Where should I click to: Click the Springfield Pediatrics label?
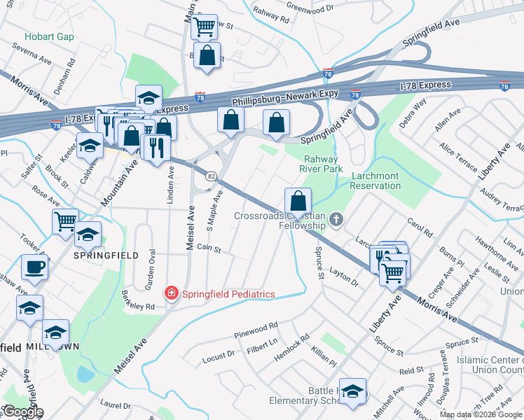coord(228,294)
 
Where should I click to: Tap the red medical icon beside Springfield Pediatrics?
coord(170,294)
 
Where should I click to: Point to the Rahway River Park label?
coord(321,164)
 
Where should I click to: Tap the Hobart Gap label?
coord(49,36)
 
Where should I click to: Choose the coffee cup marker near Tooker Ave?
coord(34,267)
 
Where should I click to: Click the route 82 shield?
coord(210,176)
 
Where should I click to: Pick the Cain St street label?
coord(209,248)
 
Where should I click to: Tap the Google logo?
coord(22,412)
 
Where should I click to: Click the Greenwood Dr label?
coord(310,10)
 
